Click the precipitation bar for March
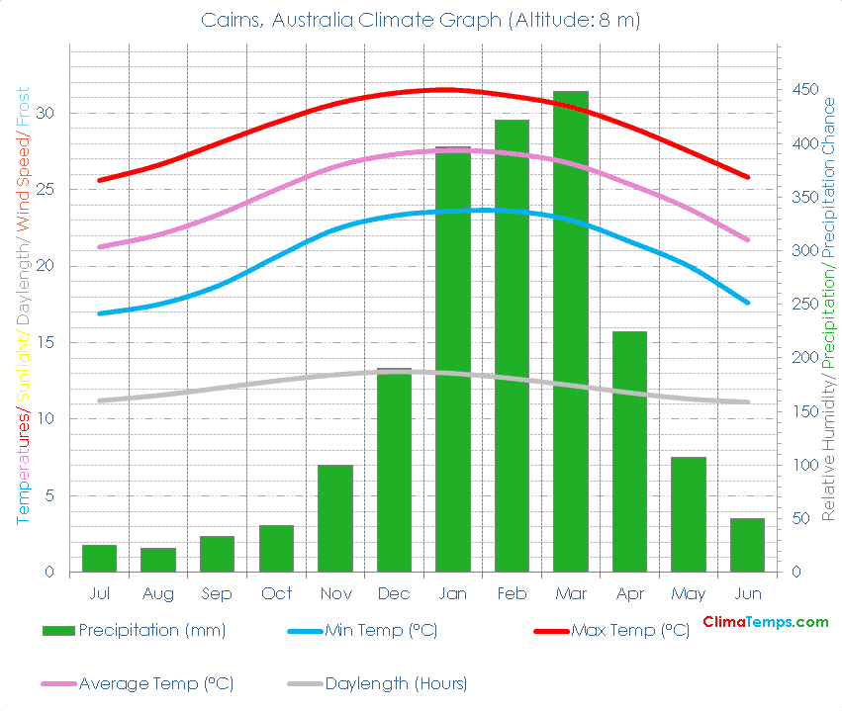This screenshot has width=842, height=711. tap(571, 331)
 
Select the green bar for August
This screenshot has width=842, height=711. tap(158, 561)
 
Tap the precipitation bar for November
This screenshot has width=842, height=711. tap(335, 518)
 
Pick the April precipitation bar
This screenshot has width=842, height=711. tap(629, 452)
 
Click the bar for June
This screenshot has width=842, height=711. tap(748, 545)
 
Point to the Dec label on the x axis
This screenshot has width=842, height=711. tap(394, 593)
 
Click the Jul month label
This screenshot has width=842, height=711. tap(99, 593)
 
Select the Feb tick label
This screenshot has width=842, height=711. tap(512, 593)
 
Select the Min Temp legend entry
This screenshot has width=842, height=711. tap(381, 630)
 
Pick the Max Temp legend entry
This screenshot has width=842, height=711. tap(630, 630)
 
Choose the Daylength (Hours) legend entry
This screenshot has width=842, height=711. tap(396, 683)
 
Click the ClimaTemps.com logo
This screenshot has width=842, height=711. tap(765, 622)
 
